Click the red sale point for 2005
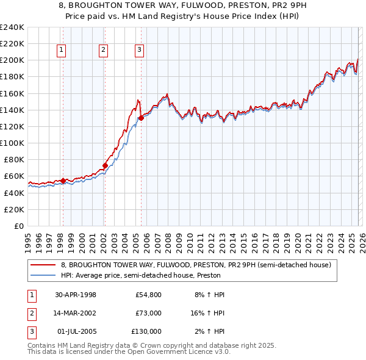click(x=141, y=118)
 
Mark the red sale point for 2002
click(x=105, y=165)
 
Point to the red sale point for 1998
click(x=63, y=181)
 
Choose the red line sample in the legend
click(x=43, y=265)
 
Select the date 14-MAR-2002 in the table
click(x=76, y=313)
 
